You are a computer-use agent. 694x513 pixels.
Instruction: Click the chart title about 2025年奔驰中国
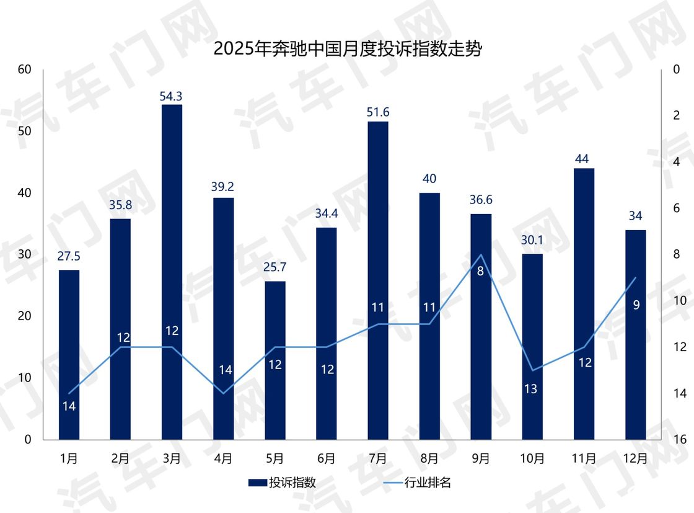point(347,49)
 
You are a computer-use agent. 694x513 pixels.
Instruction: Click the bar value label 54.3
point(172,96)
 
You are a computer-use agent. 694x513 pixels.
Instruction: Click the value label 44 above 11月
point(584,159)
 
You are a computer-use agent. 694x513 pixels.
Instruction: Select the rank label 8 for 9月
point(480,270)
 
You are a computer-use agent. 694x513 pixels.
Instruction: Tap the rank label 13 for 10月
point(532,389)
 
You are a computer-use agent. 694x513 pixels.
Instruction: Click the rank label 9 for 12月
point(636,305)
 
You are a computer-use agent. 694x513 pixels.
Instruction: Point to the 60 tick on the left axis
point(24,69)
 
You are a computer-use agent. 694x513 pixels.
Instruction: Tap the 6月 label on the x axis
point(327,459)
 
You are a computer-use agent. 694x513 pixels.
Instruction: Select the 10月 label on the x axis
point(532,459)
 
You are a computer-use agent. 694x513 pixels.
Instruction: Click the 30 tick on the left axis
point(24,255)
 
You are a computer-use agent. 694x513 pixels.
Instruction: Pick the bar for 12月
point(636,335)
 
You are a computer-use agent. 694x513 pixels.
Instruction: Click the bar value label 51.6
point(378,112)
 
